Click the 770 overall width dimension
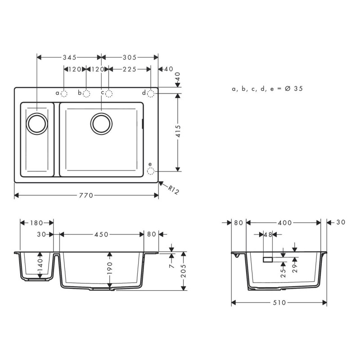click(85, 195)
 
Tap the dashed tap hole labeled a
click(64, 94)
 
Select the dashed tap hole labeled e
click(151, 171)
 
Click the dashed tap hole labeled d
click(151, 93)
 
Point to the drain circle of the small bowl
click(36, 123)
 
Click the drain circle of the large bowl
click(101, 123)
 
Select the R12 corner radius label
click(174, 190)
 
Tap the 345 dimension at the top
click(69, 57)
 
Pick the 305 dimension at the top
click(130, 57)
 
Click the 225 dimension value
click(130, 69)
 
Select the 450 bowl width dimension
click(101, 234)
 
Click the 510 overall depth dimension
click(279, 302)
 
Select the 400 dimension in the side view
click(284, 223)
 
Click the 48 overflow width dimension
click(268, 234)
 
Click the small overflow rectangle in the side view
click(268, 260)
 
